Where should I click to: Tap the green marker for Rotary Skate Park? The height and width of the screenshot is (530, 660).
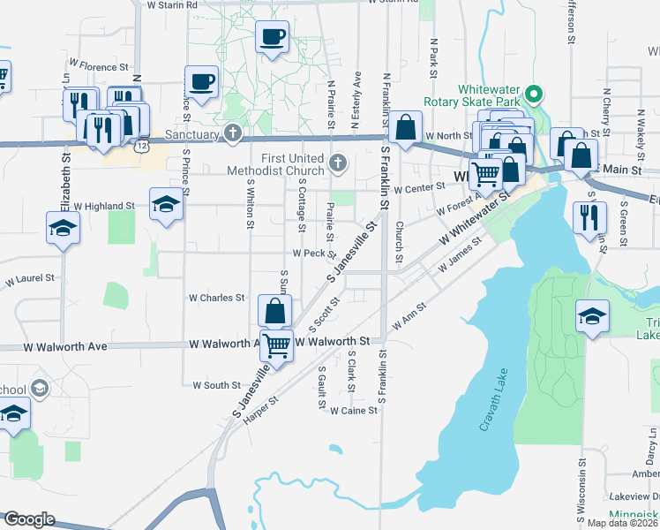pos(533,93)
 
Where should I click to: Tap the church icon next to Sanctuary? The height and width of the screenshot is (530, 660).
pos(232,134)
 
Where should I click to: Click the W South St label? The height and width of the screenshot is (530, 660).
pos(211,385)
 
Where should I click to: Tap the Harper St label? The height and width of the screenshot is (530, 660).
pos(260,407)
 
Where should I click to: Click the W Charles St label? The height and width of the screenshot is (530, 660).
pos(216,298)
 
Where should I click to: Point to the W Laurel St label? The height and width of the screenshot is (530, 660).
pos(30,279)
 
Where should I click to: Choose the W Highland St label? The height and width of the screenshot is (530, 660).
pos(103,206)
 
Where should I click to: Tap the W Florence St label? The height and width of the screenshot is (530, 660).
pos(103,66)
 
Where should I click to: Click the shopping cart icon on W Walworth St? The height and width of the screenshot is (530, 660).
pos(277,344)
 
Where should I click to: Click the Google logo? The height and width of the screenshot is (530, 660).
pos(28,519)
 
